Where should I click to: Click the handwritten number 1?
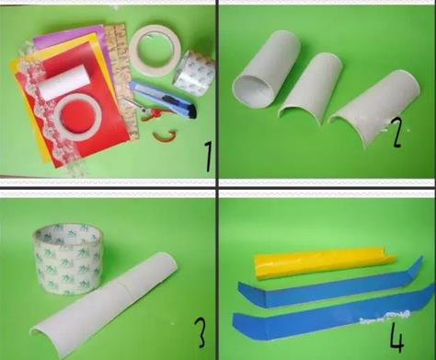click(x=209, y=157)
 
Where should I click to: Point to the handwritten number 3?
click(x=201, y=332)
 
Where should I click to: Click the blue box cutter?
click(x=163, y=99)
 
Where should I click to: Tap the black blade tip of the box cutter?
click(x=193, y=111)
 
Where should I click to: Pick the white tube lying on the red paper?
click(x=65, y=82)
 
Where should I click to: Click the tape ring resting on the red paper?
click(x=78, y=116)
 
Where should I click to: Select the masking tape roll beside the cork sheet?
click(x=155, y=50)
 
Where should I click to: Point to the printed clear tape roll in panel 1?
click(x=194, y=74)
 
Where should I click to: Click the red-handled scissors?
click(x=144, y=110)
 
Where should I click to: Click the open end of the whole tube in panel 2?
click(x=252, y=92)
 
